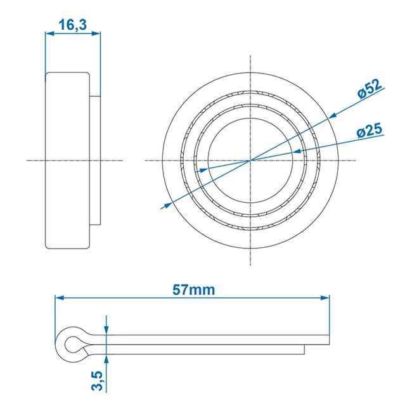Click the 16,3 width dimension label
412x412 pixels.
72,25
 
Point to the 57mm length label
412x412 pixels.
194,290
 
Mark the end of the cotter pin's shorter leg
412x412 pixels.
304,349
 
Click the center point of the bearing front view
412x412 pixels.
251,160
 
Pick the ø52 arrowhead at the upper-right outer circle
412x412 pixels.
332,117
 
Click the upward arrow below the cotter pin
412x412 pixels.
106,359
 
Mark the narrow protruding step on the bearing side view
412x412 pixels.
95,160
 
